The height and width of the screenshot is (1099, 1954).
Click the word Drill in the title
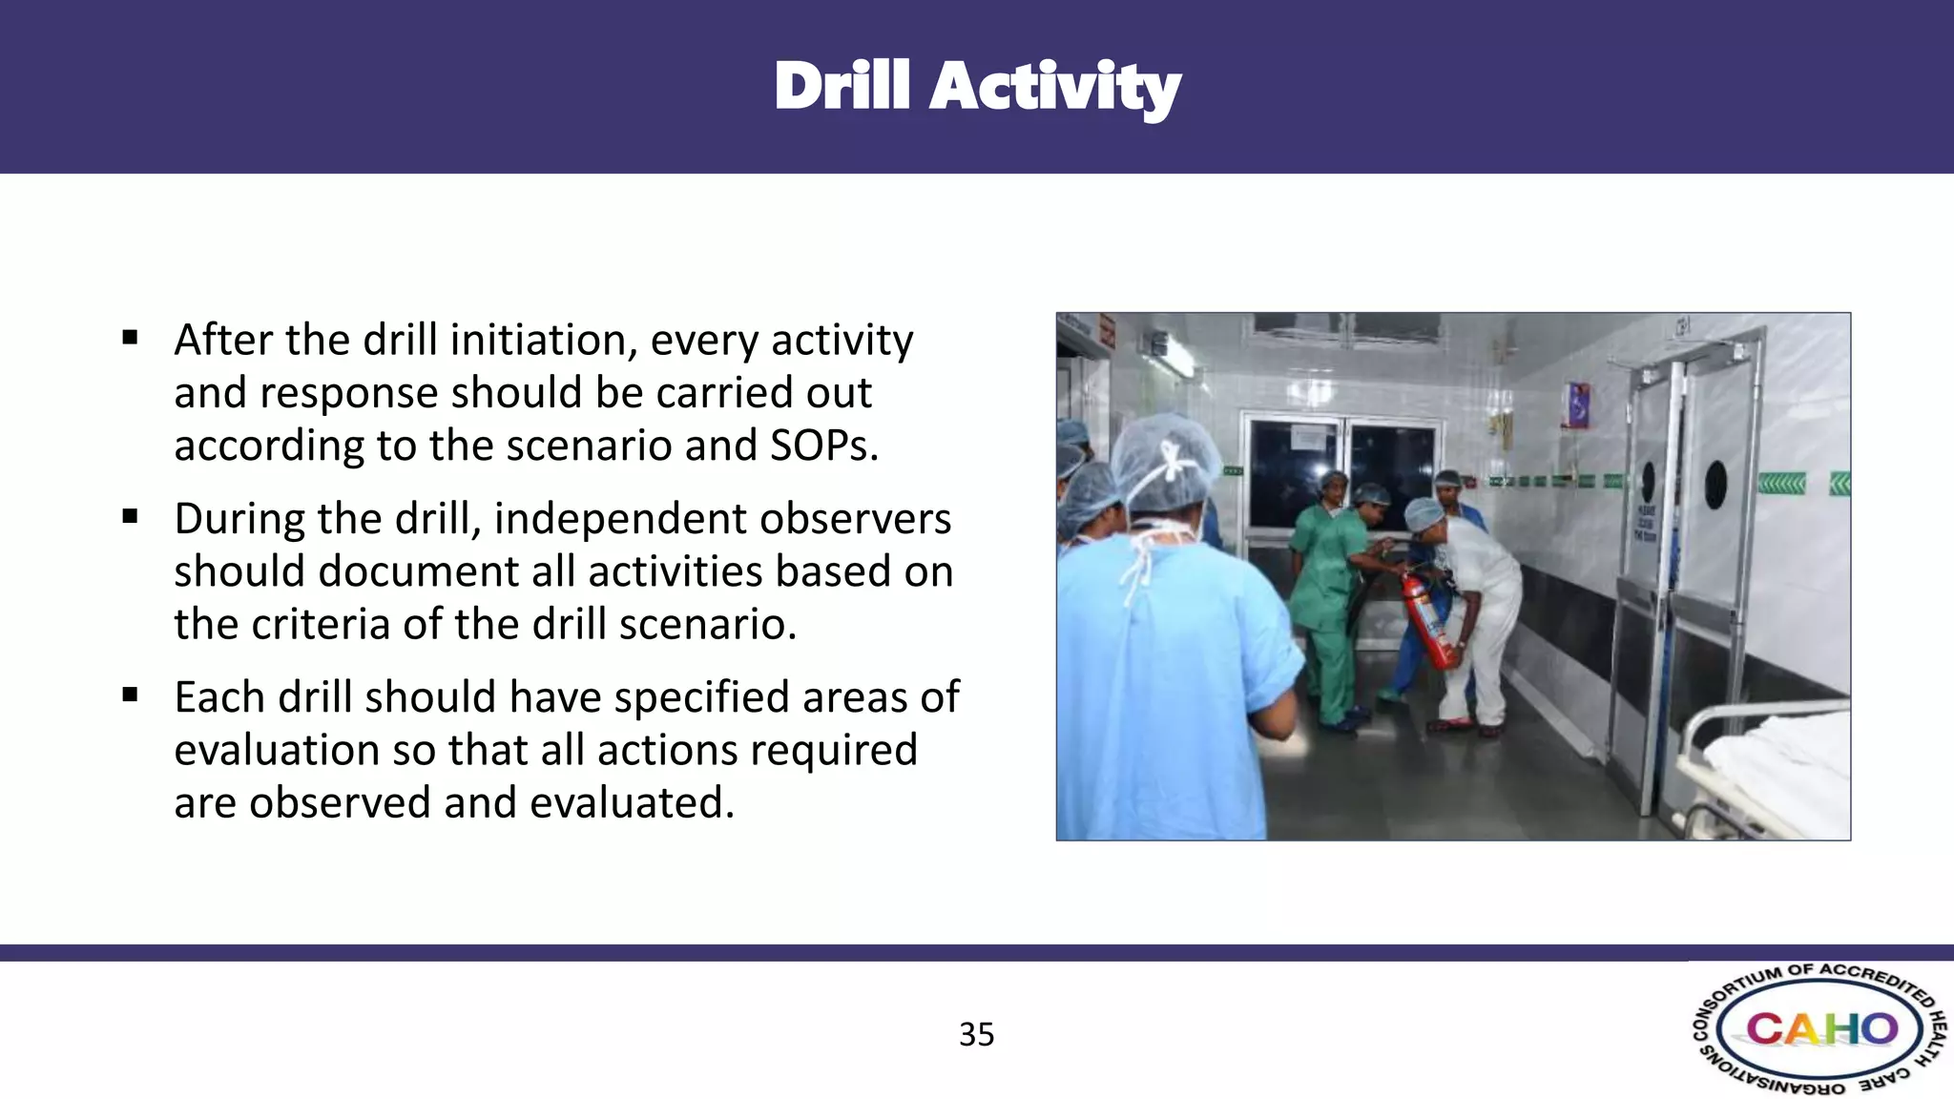(842, 87)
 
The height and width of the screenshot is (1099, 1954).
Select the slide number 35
(976, 1034)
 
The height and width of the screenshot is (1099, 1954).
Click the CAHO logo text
(1820, 1029)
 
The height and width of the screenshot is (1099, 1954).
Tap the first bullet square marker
(131, 338)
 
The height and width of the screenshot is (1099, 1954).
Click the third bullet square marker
(131, 695)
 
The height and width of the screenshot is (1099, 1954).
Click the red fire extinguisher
(1428, 620)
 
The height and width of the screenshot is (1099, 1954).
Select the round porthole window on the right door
(1715, 484)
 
